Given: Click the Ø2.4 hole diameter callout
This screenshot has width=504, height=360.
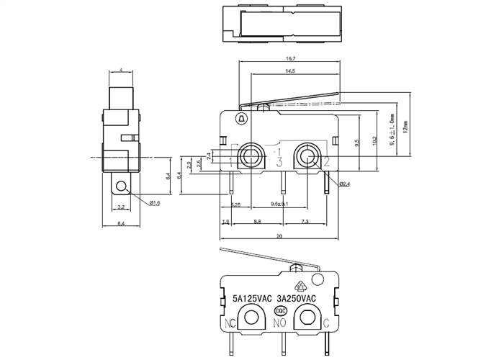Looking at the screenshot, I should [x=343, y=184].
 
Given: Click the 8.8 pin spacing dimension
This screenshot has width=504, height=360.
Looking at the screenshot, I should [x=257, y=222].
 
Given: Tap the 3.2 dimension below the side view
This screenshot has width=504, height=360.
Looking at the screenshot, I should [x=121, y=207].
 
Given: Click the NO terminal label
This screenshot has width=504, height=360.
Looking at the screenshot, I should [x=280, y=323].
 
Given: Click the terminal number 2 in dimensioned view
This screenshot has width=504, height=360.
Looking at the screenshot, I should [x=325, y=161].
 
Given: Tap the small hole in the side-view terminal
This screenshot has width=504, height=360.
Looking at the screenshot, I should [x=122, y=189].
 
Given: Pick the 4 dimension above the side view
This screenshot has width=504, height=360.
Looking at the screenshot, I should [x=121, y=70].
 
